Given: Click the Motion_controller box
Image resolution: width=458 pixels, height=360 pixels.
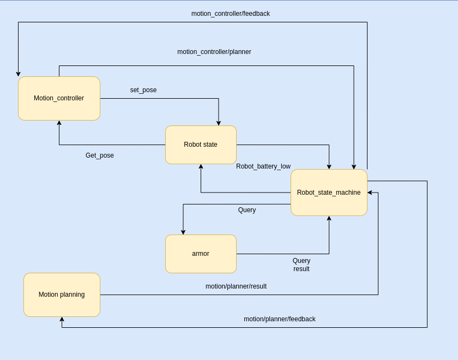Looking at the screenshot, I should pyautogui.click(x=59, y=98).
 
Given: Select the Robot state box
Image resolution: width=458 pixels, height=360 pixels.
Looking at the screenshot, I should pyautogui.click(x=201, y=145).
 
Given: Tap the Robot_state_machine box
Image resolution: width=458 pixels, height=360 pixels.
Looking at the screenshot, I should pyautogui.click(x=329, y=193).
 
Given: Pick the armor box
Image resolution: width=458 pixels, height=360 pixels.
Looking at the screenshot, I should pyautogui.click(x=201, y=254).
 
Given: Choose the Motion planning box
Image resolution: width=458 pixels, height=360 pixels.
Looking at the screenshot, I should pyautogui.click(x=62, y=295).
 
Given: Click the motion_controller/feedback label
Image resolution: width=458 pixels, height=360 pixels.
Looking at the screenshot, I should pyautogui.click(x=230, y=14).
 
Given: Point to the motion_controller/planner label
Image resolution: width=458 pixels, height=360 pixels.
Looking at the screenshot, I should pyautogui.click(x=214, y=52).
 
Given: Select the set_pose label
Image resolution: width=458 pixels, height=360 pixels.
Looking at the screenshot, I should pyautogui.click(x=143, y=90).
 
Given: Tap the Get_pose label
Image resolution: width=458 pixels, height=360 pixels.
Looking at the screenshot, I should pyautogui.click(x=100, y=155).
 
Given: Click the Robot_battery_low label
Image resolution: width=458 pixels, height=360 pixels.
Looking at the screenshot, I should pyautogui.click(x=263, y=166).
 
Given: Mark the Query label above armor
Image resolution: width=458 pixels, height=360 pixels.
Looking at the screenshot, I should pyautogui.click(x=246, y=210).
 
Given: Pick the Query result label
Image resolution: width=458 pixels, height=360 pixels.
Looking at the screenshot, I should pyautogui.click(x=302, y=265).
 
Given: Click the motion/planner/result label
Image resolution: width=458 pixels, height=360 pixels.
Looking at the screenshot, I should pyautogui.click(x=236, y=286).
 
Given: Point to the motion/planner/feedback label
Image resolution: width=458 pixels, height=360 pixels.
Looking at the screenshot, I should pyautogui.click(x=279, y=319).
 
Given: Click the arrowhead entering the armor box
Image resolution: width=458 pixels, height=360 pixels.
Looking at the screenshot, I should pyautogui.click(x=183, y=232).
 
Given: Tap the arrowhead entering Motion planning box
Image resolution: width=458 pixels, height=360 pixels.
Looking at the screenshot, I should pyautogui.click(x=62, y=320).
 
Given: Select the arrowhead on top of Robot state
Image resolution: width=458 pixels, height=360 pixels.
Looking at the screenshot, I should pyautogui.click(x=219, y=123).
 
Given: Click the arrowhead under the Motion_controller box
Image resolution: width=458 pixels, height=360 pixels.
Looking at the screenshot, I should pyautogui.click(x=59, y=123).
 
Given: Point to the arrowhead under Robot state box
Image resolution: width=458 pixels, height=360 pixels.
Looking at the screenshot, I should pyautogui.click(x=201, y=167).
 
